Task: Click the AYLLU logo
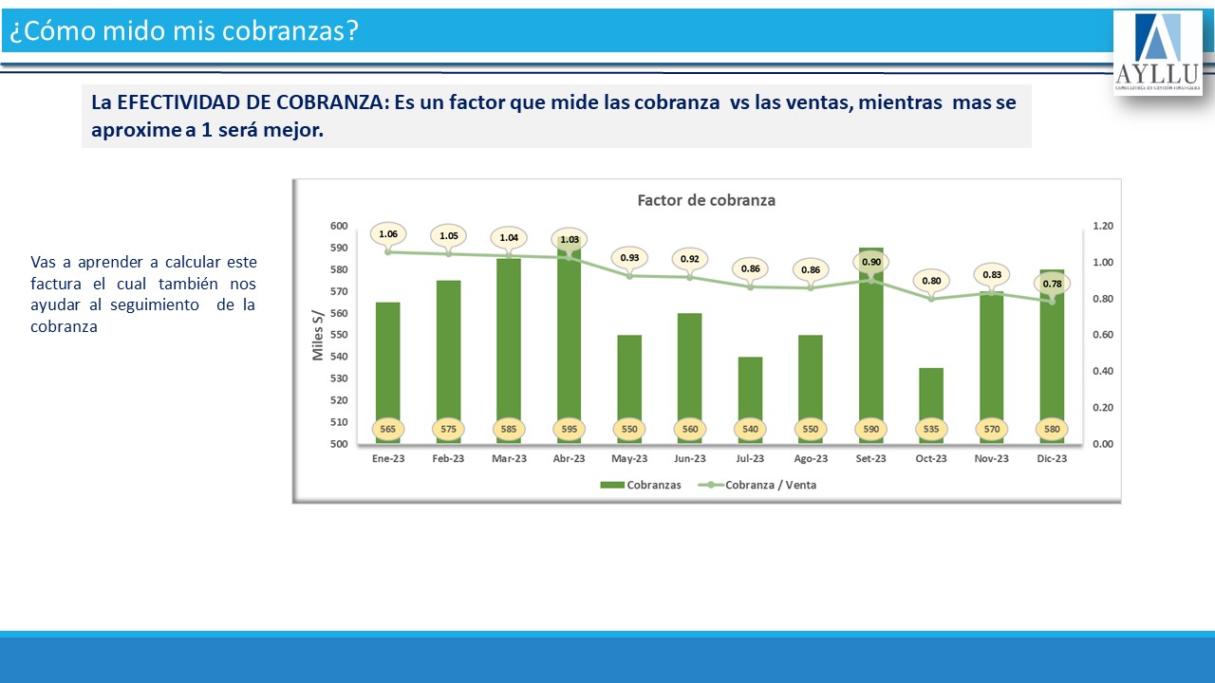1157,52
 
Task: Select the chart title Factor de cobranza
706,200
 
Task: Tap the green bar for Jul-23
750,389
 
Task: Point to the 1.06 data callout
387,233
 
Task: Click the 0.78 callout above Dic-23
1052,284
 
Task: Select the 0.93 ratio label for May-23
629,257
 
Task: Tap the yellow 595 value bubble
569,429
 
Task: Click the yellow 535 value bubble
931,429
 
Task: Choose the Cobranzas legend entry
641,485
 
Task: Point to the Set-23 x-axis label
870,459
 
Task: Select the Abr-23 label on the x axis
569,459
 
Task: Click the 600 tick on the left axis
339,226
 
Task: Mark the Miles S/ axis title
319,335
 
